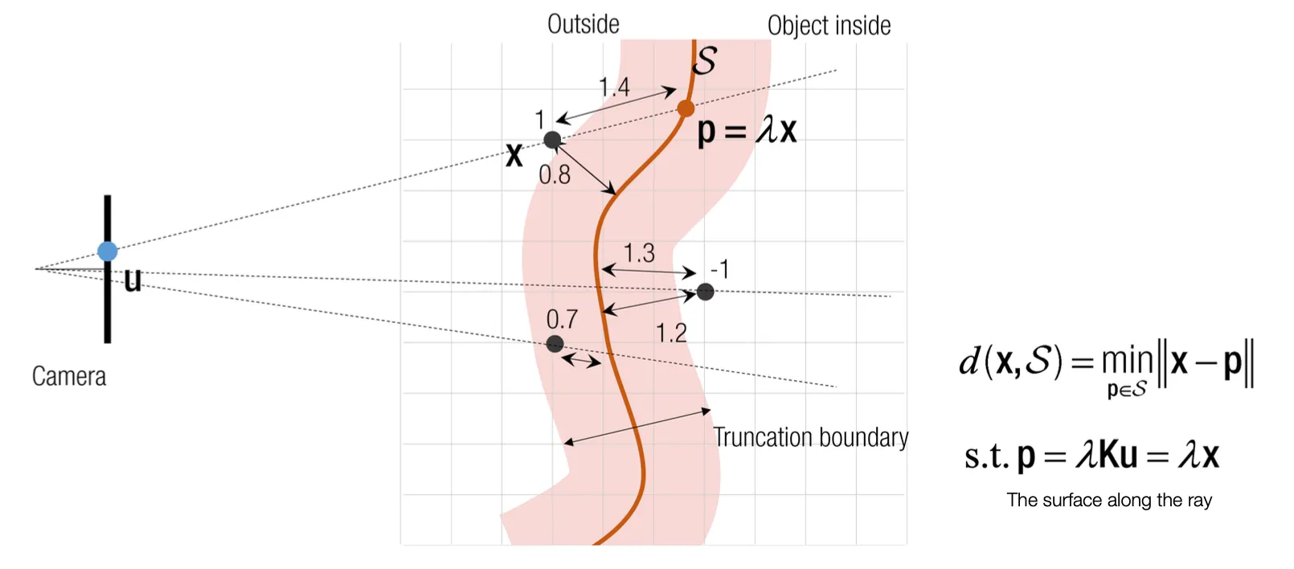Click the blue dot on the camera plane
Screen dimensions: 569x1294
tap(108, 252)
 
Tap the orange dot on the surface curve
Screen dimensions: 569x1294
tap(686, 108)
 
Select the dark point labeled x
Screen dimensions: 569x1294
tap(552, 141)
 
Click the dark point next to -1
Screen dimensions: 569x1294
tap(705, 292)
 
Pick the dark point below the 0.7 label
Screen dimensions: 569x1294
tap(555, 344)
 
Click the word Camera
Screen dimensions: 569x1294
tap(69, 376)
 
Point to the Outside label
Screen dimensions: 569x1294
tap(583, 24)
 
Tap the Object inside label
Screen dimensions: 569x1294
tap(829, 26)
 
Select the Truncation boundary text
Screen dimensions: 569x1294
tap(810, 437)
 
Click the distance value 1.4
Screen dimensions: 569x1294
tap(614, 87)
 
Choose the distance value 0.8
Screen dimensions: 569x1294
tap(555, 174)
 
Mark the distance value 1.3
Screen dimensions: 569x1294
tap(639, 254)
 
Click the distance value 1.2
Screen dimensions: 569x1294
tap(671, 333)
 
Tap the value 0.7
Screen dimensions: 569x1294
tap(562, 319)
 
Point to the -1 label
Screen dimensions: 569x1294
tap(719, 269)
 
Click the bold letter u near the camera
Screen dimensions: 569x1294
tap(133, 280)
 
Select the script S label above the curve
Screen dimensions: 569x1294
tap(704, 60)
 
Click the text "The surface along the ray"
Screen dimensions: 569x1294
tap(1109, 500)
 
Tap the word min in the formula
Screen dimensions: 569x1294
tap(1127, 361)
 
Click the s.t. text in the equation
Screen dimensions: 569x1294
tap(986, 456)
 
